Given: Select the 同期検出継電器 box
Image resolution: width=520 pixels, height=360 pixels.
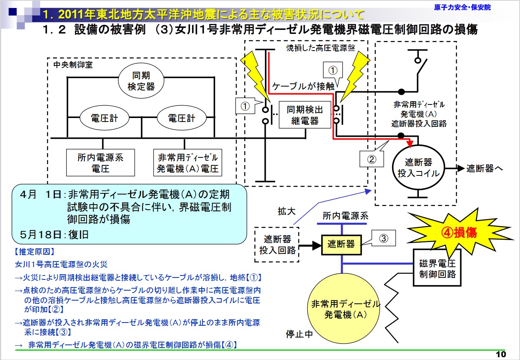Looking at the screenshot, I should [x=305, y=114].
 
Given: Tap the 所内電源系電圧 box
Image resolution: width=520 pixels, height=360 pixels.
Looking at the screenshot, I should [x=100, y=163].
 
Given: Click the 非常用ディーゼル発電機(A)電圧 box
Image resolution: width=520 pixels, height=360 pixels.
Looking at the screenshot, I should [x=188, y=163].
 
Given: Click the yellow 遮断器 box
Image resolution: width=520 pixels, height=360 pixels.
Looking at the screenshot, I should [x=341, y=244].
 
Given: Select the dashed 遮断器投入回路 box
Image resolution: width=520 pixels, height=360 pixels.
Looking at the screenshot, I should [x=277, y=244].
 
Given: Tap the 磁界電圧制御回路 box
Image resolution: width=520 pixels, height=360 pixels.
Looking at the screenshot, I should [x=437, y=268].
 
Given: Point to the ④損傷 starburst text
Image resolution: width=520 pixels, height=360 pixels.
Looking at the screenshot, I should [x=459, y=233].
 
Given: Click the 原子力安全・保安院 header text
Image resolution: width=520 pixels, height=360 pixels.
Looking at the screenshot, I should [x=462, y=7].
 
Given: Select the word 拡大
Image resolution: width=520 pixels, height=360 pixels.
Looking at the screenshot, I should [x=286, y=211].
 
